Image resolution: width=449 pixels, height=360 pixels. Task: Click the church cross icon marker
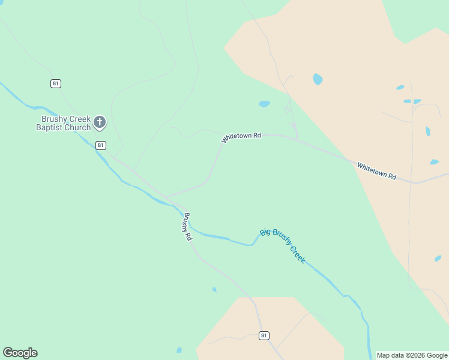(100, 123)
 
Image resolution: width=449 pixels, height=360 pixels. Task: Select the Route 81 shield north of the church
(56, 83)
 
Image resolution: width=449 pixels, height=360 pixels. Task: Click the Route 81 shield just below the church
(101, 145)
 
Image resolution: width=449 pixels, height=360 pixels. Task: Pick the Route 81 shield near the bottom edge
(264, 335)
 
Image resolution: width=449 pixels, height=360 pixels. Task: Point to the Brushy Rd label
(188, 227)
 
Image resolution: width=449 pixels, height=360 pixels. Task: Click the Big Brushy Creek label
(283, 245)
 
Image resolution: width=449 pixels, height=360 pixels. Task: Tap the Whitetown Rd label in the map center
(241, 137)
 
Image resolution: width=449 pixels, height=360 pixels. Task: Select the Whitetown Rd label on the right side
(377, 171)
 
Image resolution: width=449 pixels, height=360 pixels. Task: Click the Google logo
(20, 353)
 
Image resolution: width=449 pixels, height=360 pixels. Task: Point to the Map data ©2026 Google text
(412, 355)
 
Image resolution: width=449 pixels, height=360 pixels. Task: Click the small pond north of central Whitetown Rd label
(264, 104)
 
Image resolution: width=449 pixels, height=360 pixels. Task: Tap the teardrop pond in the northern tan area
(318, 79)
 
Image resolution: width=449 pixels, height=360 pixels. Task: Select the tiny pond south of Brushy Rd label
(214, 290)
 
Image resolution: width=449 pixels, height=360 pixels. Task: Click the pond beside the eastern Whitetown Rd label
(434, 161)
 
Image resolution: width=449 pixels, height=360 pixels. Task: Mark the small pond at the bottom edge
(179, 350)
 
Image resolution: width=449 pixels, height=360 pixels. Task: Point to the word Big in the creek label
(265, 232)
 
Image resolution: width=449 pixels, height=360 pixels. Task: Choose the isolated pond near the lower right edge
(438, 259)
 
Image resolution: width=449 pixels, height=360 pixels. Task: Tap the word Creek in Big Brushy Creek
(298, 254)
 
